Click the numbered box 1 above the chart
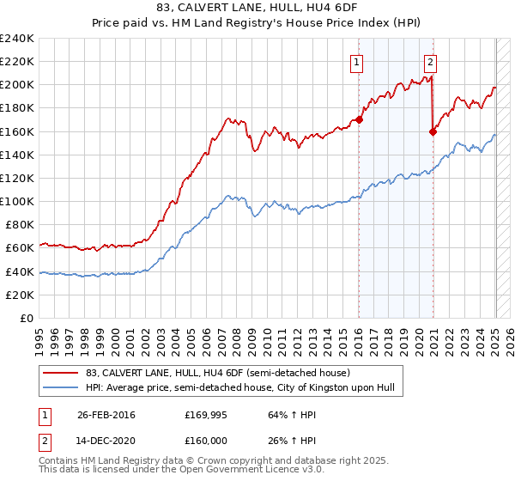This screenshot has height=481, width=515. coord(355,61)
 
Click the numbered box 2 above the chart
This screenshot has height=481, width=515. coord(430,61)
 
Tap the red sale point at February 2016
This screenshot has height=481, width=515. coord(359,119)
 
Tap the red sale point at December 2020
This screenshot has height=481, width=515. coord(433,131)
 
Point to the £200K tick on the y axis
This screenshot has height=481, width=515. coord(17,85)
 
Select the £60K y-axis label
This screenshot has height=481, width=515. coord(21,248)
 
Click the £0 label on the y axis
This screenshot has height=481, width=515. coord(28,318)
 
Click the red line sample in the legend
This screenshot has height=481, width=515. coord(60,373)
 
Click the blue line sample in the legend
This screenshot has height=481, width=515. coord(60,388)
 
